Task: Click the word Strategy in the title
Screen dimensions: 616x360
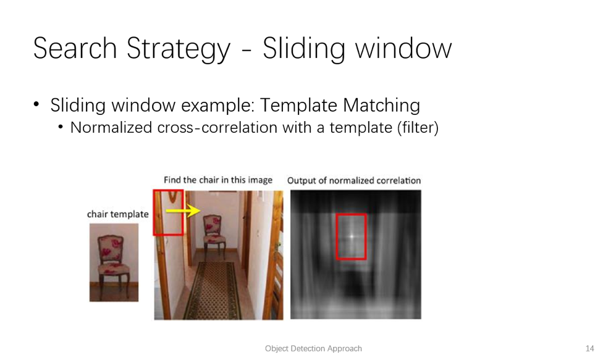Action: pos(179,49)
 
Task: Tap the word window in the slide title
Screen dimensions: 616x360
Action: pos(403,48)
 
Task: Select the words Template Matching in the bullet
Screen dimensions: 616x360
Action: pos(340,105)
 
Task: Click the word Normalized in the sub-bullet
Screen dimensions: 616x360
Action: pos(111,128)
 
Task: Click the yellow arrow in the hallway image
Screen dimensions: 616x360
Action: pos(184,211)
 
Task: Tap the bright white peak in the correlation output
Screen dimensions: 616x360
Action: pos(352,237)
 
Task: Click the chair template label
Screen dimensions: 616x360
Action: pos(118,214)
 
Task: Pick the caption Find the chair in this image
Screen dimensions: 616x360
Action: pos(218,180)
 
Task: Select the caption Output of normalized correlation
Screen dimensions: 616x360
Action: pos(354,180)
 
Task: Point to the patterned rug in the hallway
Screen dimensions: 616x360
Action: pos(216,290)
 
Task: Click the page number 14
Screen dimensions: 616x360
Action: pos(589,349)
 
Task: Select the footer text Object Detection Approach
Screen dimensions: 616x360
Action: pos(313,349)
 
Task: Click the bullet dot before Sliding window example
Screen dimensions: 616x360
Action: pos(36,104)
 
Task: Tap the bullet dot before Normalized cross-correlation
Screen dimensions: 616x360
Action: pos(61,127)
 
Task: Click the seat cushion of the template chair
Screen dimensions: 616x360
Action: pos(114,270)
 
